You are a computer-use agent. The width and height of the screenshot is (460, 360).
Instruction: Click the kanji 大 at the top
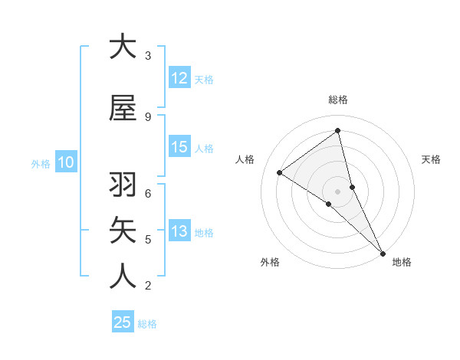coord(123,47)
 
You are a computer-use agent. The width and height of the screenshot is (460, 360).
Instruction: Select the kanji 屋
coord(123,108)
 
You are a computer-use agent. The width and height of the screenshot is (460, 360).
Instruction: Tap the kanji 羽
coord(123,185)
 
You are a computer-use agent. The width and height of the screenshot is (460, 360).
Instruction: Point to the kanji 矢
coord(123,231)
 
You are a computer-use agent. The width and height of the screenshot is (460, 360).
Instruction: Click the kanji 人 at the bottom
coord(123,277)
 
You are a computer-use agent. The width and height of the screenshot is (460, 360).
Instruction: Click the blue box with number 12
coord(179,78)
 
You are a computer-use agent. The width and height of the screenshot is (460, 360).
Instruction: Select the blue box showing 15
coord(179,148)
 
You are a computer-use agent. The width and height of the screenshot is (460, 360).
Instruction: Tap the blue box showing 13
coord(179,232)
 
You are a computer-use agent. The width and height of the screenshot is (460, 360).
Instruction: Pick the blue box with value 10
coord(66,162)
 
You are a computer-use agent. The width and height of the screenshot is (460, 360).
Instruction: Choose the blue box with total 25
coord(123,322)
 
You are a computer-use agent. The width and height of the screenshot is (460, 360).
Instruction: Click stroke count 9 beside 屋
coord(148,116)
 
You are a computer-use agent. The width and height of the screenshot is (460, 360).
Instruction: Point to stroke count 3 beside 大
coord(148,55)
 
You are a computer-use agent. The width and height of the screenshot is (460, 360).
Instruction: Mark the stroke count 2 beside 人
coord(148,286)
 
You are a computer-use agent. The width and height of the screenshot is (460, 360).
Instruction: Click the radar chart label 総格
coord(338,100)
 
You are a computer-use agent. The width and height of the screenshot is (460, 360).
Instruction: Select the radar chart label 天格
coord(432,159)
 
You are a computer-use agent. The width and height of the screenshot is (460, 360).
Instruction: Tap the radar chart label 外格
coord(270,263)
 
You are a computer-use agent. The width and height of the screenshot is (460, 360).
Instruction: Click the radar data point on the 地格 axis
coord(383,252)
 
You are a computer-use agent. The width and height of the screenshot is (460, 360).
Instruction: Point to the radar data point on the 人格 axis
coord(280,172)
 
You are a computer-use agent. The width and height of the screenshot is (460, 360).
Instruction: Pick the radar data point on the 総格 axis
coord(338,131)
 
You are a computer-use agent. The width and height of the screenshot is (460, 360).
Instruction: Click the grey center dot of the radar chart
coord(338,191)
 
